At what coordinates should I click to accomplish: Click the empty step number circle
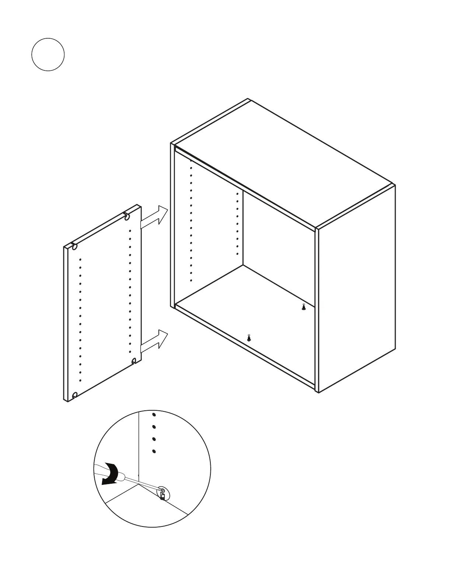[x=48, y=54]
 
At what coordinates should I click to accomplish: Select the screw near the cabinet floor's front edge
[x=249, y=337]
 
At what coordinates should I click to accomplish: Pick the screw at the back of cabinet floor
[x=304, y=307]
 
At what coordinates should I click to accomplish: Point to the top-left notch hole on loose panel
[x=75, y=247]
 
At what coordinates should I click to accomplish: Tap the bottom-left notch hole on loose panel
[x=75, y=396]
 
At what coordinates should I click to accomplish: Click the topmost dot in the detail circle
[x=154, y=415]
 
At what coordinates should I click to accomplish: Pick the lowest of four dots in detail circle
[x=154, y=451]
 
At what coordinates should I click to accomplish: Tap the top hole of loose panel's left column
[x=80, y=260]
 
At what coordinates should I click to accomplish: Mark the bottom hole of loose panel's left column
[x=80, y=380]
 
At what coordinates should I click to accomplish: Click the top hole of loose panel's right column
[x=130, y=231]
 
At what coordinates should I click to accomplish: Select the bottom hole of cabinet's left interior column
[x=191, y=281]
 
